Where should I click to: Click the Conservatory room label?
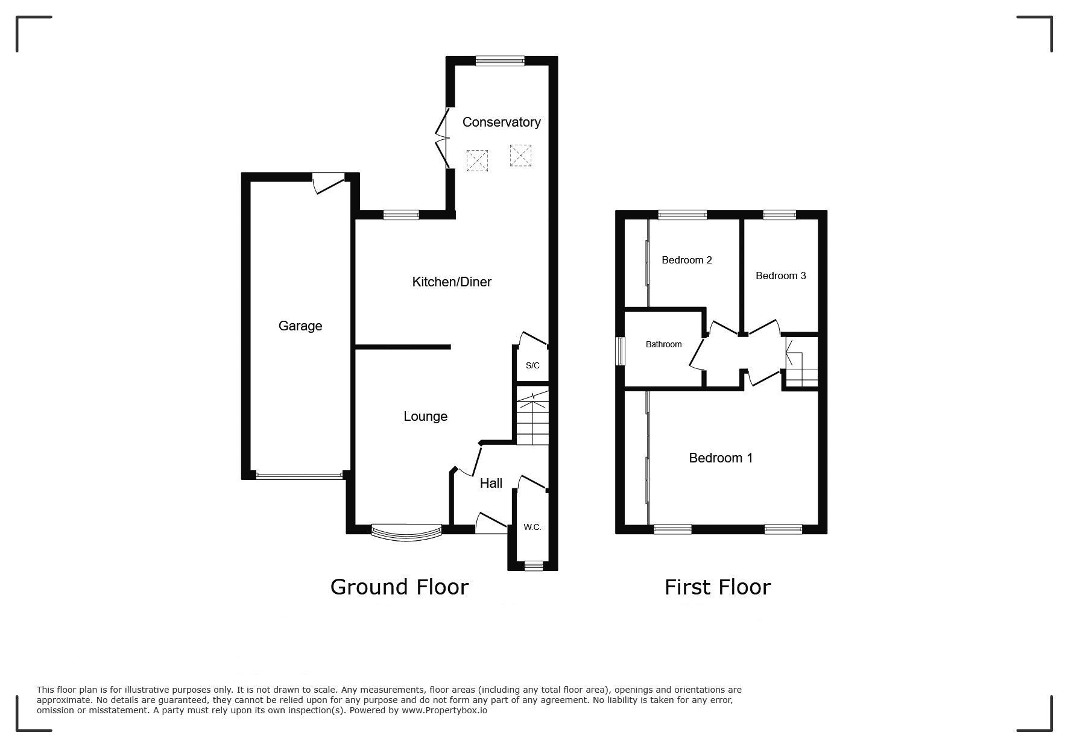click(501, 122)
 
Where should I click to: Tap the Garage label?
click(300, 326)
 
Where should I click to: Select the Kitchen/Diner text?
click(452, 282)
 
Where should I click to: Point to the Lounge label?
click(425, 416)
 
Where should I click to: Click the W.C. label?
click(532, 527)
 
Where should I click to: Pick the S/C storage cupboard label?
click(532, 365)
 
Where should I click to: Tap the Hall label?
click(491, 483)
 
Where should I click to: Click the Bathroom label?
click(663, 344)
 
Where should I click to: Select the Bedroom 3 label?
click(780, 276)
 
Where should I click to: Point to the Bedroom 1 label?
click(721, 458)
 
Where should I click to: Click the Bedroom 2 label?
click(687, 260)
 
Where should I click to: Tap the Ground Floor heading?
click(399, 587)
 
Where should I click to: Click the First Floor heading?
click(718, 587)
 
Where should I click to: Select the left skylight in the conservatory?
click(477, 160)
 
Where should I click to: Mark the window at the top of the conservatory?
click(500, 60)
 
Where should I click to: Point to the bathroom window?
click(620, 351)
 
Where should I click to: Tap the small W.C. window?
click(533, 566)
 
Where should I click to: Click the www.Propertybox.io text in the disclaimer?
click(444, 710)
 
